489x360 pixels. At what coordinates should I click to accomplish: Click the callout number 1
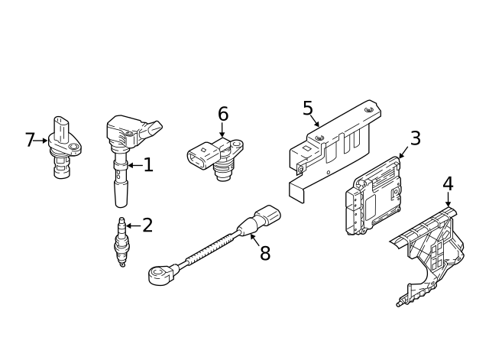click(x=147, y=164)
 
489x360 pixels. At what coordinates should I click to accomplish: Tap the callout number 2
click(x=147, y=225)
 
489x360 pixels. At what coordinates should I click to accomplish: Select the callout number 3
click(x=415, y=138)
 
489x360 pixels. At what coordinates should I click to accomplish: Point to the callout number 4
click(x=448, y=183)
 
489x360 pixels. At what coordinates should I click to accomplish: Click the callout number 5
click(x=307, y=108)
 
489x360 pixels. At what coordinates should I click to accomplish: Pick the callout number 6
click(x=222, y=114)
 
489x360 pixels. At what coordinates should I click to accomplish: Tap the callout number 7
click(x=30, y=140)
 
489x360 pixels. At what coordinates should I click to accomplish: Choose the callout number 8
click(x=264, y=254)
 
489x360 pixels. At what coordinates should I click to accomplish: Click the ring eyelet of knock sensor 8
click(x=159, y=276)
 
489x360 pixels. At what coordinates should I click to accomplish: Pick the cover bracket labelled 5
click(x=332, y=149)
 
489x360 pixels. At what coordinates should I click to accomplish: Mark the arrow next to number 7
click(x=43, y=141)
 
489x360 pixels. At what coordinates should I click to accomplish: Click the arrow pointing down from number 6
click(x=222, y=131)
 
